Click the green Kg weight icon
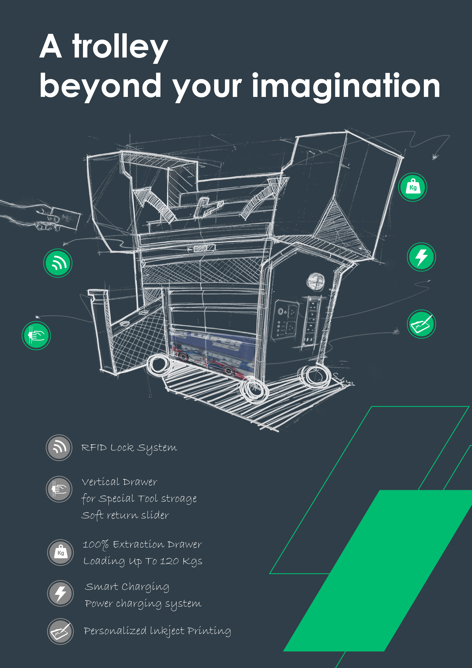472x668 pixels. coord(412,187)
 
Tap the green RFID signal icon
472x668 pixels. coord(58,263)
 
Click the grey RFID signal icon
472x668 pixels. coord(59,447)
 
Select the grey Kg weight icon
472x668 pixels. coord(61,552)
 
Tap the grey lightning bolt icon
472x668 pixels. coord(61,593)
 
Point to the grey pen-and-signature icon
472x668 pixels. coord(61,631)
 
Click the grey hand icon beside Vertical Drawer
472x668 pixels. coord(59,489)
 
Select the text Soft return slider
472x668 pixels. coord(125,515)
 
